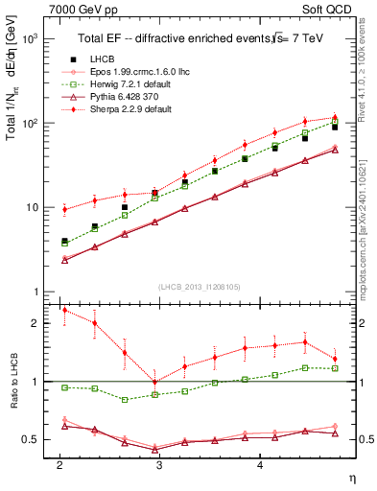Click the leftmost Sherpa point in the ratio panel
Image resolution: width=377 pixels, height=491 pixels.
(64, 310)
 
